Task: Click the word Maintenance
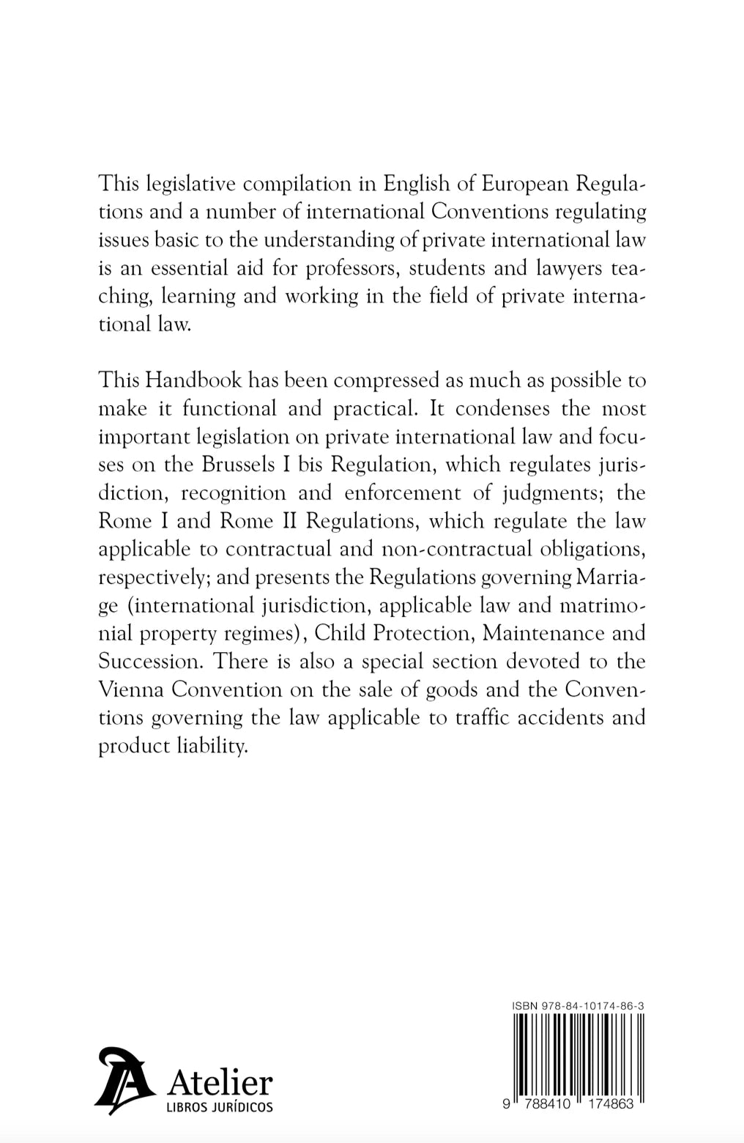coord(540,633)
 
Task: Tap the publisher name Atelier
coord(220,1081)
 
